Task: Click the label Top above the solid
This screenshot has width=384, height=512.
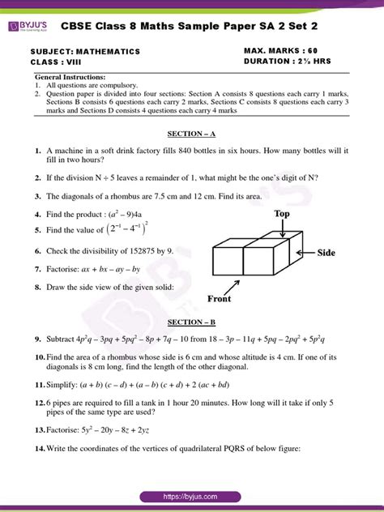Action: (x=282, y=213)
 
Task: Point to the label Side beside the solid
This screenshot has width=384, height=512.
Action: (x=326, y=253)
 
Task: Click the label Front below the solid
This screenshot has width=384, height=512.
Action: (x=220, y=298)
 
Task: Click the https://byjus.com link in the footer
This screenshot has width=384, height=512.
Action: (x=192, y=496)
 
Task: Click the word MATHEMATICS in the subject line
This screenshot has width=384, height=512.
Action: (x=108, y=51)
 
